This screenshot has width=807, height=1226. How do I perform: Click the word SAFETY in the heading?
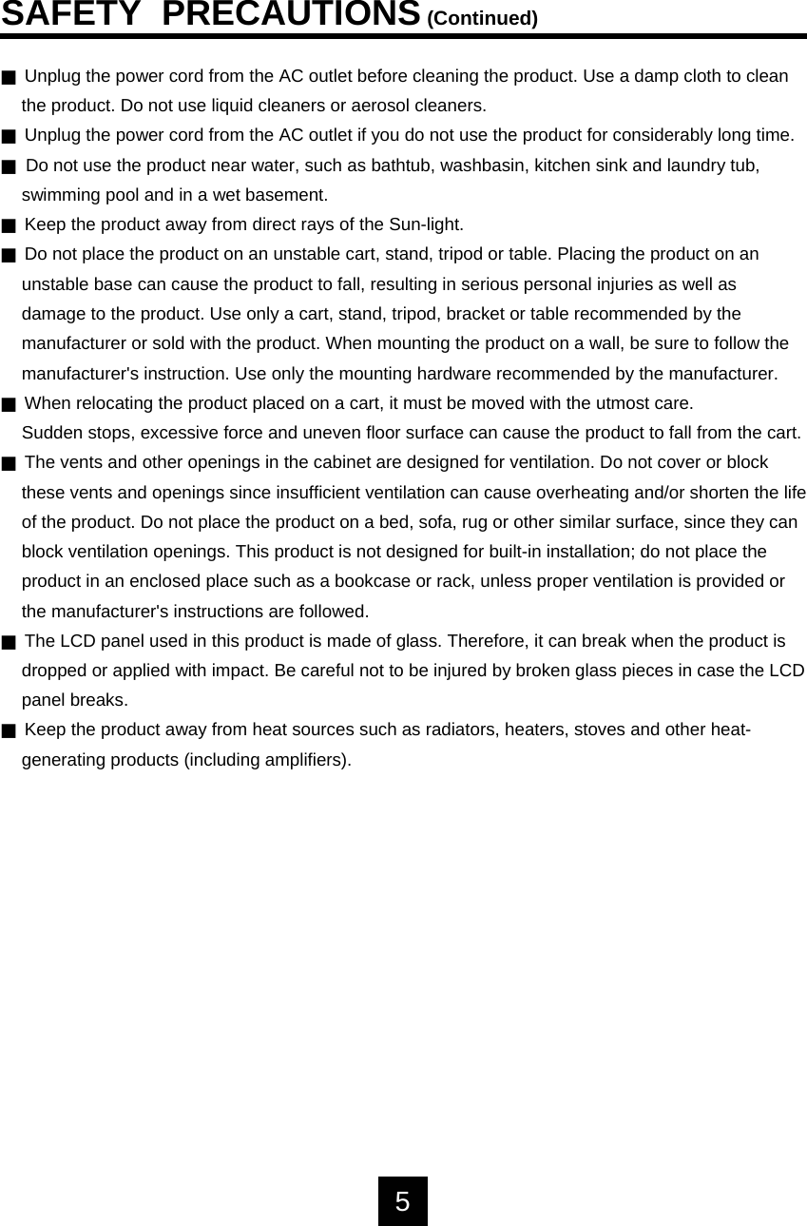[x=71, y=15]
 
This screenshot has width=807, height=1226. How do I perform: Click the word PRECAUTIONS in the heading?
[x=291, y=15]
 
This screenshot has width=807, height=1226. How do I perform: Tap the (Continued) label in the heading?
[x=482, y=19]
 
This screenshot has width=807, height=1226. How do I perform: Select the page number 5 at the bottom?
[x=403, y=1201]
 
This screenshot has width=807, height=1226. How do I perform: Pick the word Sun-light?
[x=426, y=224]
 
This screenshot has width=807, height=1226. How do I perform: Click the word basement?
[x=286, y=195]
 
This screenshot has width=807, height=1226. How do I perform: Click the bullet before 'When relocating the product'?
[x=9, y=405]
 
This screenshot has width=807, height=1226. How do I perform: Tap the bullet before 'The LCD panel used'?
[x=9, y=643]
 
